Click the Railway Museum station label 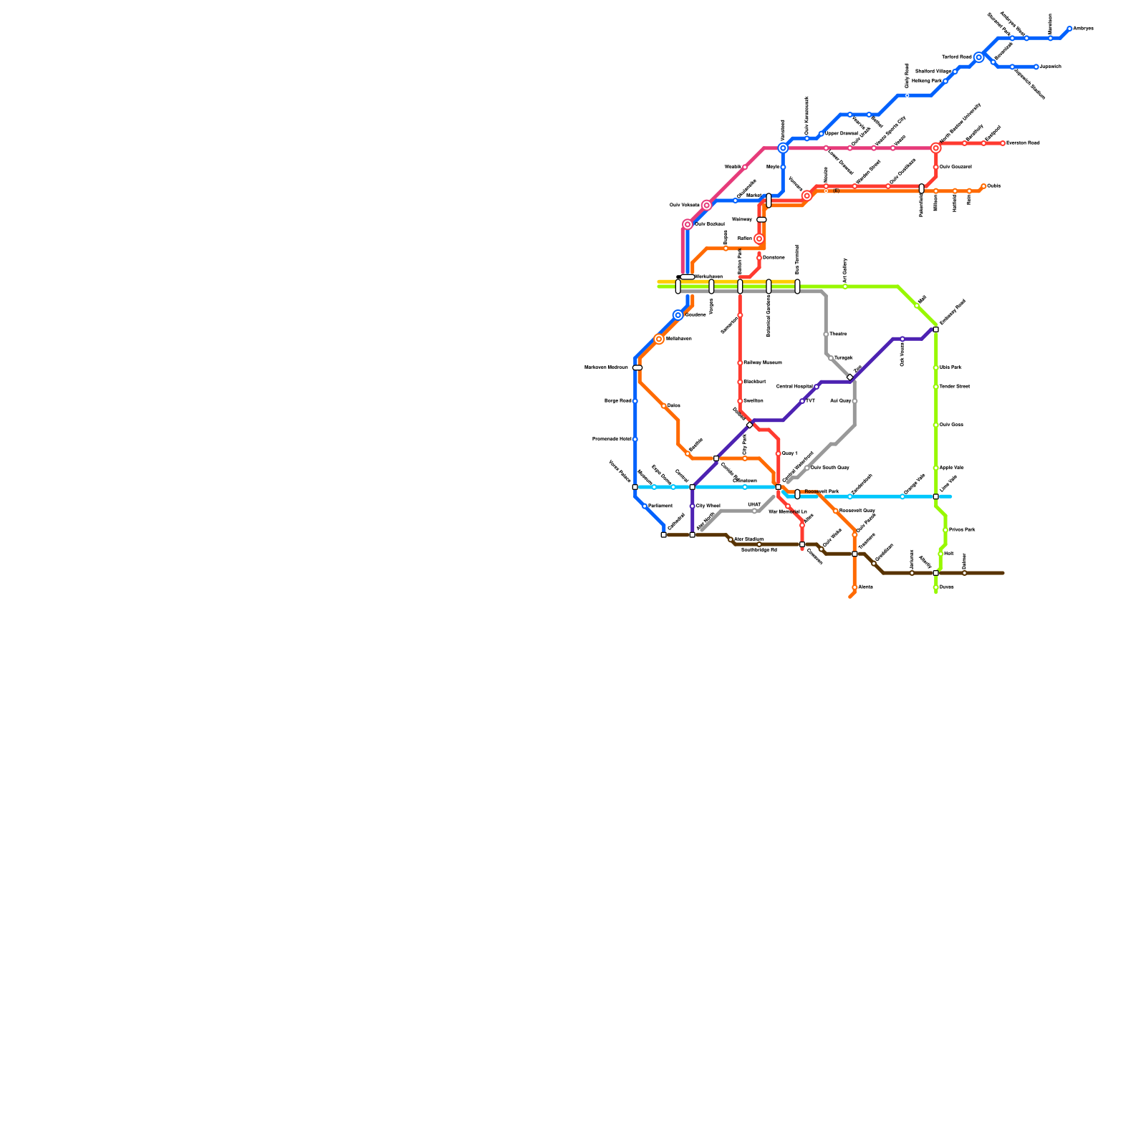[762, 362]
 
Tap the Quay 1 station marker [779, 453]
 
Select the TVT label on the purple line [810, 401]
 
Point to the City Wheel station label [708, 506]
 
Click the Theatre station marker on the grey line [826, 334]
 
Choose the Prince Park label [961, 530]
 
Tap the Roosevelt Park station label [821, 492]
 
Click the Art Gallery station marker [845, 286]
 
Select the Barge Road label [617, 401]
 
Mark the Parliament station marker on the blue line [645, 506]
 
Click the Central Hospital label [794, 387]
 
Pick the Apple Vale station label [951, 468]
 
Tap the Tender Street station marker [936, 387]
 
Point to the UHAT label [753, 505]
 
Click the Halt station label [948, 554]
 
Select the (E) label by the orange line [836, 191]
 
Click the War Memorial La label [787, 512]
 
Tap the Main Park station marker [936, 367]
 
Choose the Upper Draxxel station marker [822, 134]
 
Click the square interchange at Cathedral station [664, 535]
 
